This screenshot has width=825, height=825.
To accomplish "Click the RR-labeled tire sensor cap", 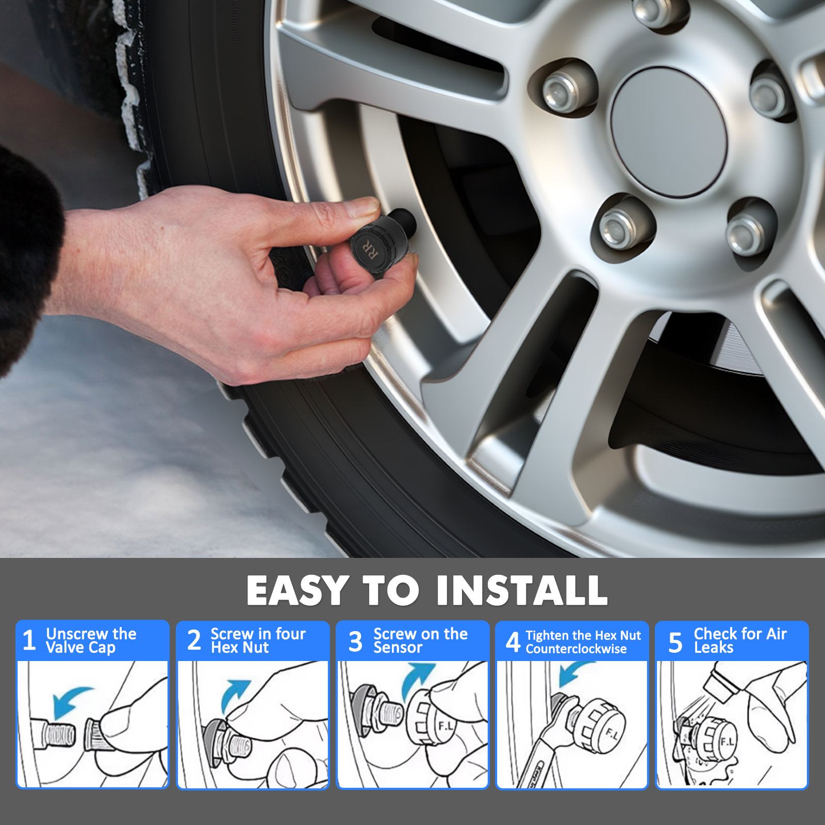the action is (377, 244).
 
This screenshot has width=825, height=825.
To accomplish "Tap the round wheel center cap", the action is (669, 132).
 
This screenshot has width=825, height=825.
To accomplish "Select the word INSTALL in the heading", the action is (522, 590).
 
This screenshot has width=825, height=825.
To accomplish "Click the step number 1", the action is (29, 641).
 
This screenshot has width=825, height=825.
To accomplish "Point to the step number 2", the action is (194, 641).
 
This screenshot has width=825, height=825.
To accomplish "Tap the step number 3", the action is (355, 642).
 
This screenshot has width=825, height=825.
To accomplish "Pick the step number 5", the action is (675, 642).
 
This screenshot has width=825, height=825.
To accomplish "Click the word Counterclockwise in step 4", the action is (576, 649).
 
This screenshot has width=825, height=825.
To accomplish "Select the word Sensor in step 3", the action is (398, 648).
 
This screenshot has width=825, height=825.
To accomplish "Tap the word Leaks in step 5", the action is (714, 648).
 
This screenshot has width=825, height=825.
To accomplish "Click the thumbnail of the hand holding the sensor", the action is (412, 724).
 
